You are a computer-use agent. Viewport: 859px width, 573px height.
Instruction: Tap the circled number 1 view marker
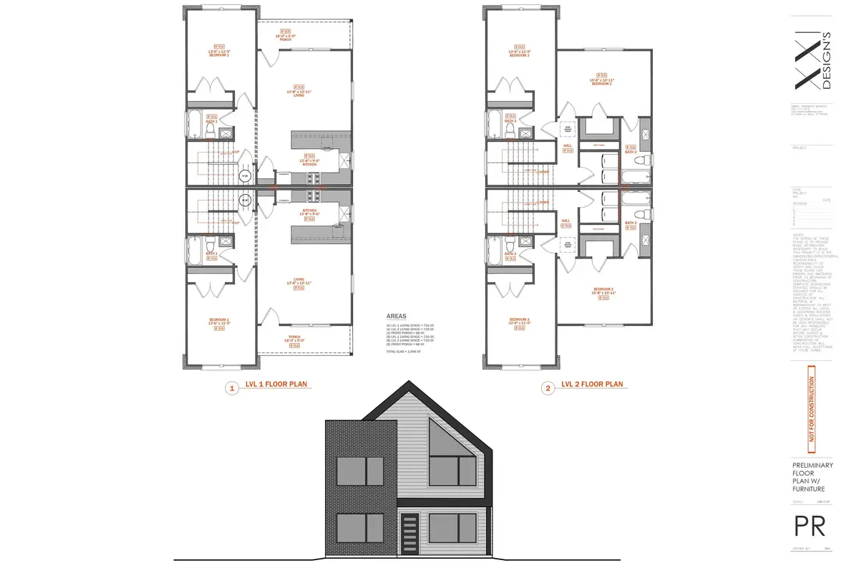pyautogui.click(x=231, y=388)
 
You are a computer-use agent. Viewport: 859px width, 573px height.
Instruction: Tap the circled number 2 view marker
pyautogui.click(x=548, y=388)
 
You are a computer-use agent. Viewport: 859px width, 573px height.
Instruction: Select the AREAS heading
pyautogui.click(x=396, y=315)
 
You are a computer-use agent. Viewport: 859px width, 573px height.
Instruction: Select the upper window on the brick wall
pyautogui.click(x=360, y=471)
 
